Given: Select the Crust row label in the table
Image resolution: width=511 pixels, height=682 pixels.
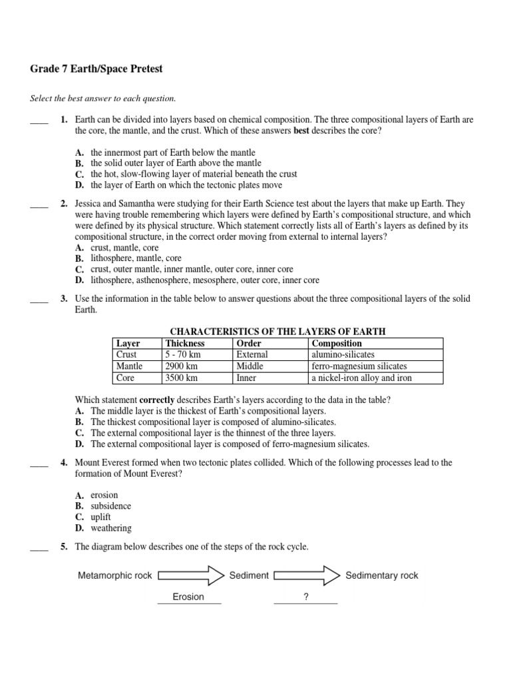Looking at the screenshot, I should pos(126,355).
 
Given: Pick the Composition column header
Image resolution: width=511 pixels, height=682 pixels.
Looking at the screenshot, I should pos(337,344).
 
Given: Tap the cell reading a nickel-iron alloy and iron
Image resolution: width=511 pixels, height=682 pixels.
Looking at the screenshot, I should pos(362,378).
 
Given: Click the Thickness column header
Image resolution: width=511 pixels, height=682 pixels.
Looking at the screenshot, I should pos(185,344).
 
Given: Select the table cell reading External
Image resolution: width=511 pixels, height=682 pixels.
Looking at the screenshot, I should pos(252,355).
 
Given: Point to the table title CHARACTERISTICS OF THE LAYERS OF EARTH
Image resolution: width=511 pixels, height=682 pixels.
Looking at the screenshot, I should pos(278,332).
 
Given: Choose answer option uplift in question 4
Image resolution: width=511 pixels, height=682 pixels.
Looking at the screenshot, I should pos(100,517).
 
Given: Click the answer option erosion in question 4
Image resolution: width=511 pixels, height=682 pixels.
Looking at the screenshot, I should pos(104,495).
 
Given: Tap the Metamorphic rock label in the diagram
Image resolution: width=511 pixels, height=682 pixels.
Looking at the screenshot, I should pos(115,575).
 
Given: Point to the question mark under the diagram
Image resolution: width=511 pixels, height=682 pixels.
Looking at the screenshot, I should pos(306,597).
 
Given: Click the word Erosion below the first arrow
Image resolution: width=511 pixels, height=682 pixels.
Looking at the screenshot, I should pos(188,597).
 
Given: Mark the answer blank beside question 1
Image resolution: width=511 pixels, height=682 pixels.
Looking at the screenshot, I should pos(39,121).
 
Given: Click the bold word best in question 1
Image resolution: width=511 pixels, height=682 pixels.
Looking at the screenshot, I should pos(303,131).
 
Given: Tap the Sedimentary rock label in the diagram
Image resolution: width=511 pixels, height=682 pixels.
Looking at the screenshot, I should pos(382,575).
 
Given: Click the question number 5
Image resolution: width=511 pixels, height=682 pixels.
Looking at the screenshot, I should pos(64,547).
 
